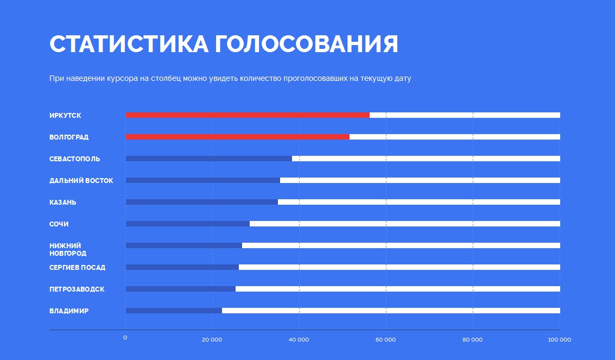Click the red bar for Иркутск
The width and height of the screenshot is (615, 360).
[248, 115]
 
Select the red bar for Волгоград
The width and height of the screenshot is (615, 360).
[237, 137]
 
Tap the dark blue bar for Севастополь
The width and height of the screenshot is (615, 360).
[208, 159]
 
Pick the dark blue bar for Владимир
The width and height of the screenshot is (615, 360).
[174, 311]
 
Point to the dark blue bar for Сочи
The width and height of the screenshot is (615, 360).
[187, 224]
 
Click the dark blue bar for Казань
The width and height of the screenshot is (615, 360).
[201, 202]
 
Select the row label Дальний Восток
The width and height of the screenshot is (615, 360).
[81, 181]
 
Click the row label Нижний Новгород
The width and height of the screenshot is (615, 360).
[68, 250]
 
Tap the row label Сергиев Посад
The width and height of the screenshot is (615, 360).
[77, 268]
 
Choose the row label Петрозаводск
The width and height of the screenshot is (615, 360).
[77, 289]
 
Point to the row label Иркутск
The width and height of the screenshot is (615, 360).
[65, 116]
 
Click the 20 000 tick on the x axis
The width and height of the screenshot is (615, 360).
[212, 340]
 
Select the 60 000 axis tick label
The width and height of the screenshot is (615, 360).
[385, 340]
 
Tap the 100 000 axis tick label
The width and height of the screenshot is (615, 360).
[559, 340]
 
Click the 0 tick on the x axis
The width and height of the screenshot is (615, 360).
[125, 338]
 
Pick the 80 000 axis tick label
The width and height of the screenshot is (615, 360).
[472, 340]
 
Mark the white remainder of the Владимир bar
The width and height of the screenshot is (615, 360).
[391, 311]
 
